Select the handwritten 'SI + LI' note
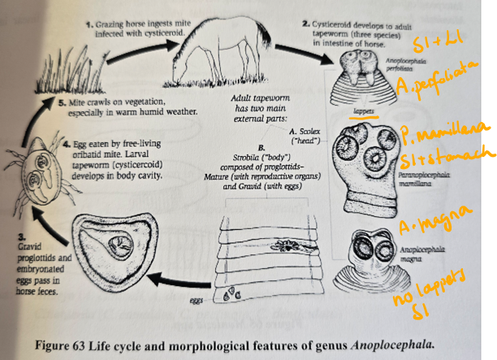click(431, 42)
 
